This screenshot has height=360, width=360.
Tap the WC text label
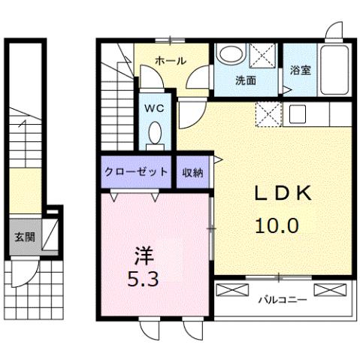(x=155, y=107)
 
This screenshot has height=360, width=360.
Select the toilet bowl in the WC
(x=156, y=134)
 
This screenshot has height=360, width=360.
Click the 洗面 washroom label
(x=246, y=80)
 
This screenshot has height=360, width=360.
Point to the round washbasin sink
(x=229, y=56)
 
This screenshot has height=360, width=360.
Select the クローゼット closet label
(x=137, y=171)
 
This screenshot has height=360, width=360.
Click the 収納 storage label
(x=192, y=171)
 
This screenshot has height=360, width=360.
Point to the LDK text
(x=282, y=194)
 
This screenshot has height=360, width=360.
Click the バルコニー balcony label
(x=283, y=301)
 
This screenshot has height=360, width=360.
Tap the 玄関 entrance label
(x=24, y=237)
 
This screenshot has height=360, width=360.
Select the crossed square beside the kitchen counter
(x=268, y=114)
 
